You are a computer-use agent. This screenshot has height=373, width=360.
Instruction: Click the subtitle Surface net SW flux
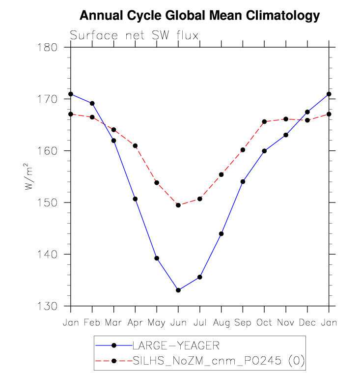pyautogui.click(x=134, y=35)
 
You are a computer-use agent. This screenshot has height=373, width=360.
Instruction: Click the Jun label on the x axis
pyautogui.click(x=178, y=322)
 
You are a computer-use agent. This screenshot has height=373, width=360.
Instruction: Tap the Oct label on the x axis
pyautogui.click(x=264, y=322)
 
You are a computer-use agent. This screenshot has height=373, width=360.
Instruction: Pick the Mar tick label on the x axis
pyautogui.click(x=114, y=322)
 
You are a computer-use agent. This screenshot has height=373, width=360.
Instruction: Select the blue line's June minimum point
pyautogui.click(x=178, y=290)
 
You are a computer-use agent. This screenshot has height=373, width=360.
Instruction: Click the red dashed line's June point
pyautogui.click(x=178, y=205)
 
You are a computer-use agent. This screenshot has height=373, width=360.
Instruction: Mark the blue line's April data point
pyautogui.click(x=135, y=199)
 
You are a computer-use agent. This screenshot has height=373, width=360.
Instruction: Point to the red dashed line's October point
pyautogui.click(x=264, y=121)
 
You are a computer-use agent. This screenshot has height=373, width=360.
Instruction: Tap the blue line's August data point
pyautogui.click(x=221, y=234)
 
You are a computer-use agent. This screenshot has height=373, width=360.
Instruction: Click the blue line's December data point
pyautogui.click(x=307, y=112)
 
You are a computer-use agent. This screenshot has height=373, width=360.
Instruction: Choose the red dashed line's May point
pyautogui.click(x=157, y=183)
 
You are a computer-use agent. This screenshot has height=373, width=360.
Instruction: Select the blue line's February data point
pyautogui.click(x=92, y=103)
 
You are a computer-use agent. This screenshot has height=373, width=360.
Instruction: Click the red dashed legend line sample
pyautogui.click(x=113, y=361)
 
